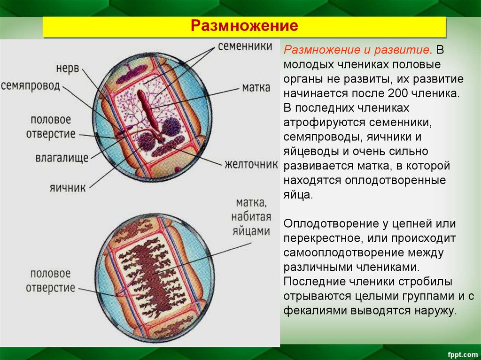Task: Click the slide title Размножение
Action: tap(244, 26)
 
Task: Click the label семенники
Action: tap(245, 46)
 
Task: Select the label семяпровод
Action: tap(31, 85)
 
